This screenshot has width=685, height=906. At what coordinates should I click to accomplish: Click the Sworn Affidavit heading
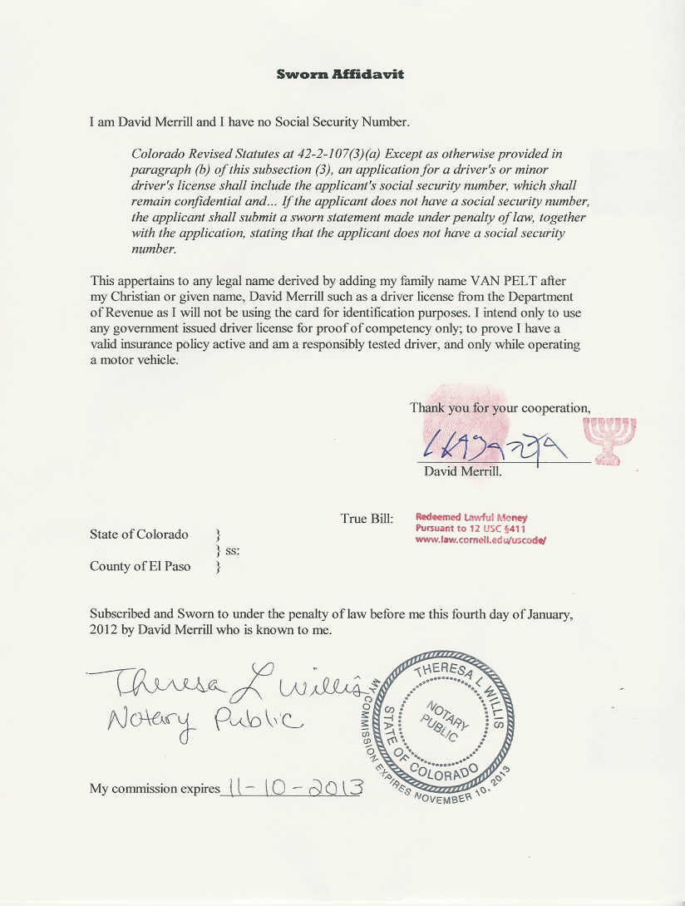[x=340, y=74]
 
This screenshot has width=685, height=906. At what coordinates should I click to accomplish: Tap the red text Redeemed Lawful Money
[x=471, y=518]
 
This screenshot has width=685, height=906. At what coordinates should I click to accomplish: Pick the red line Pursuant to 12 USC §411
[x=470, y=529]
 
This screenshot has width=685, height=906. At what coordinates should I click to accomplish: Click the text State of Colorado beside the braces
[x=139, y=534]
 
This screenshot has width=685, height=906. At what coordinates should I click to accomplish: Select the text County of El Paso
[x=140, y=567]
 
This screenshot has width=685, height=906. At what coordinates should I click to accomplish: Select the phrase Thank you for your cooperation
[x=500, y=408]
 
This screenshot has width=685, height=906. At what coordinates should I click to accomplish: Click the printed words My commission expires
[x=155, y=789]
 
